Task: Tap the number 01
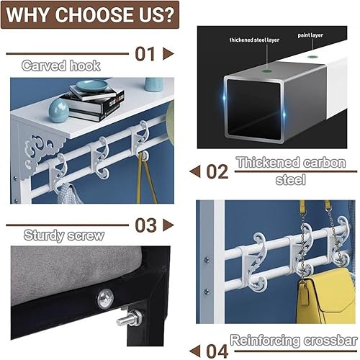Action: [145, 53]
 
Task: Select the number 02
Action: [217, 172]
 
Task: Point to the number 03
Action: [145, 225]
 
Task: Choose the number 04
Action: [217, 351]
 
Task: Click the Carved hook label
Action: [60, 66]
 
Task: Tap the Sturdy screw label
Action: [63, 235]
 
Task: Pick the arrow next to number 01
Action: [168, 53]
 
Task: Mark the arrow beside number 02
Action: [194, 172]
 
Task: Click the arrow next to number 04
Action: [194, 351]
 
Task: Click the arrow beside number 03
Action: [168, 225]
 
